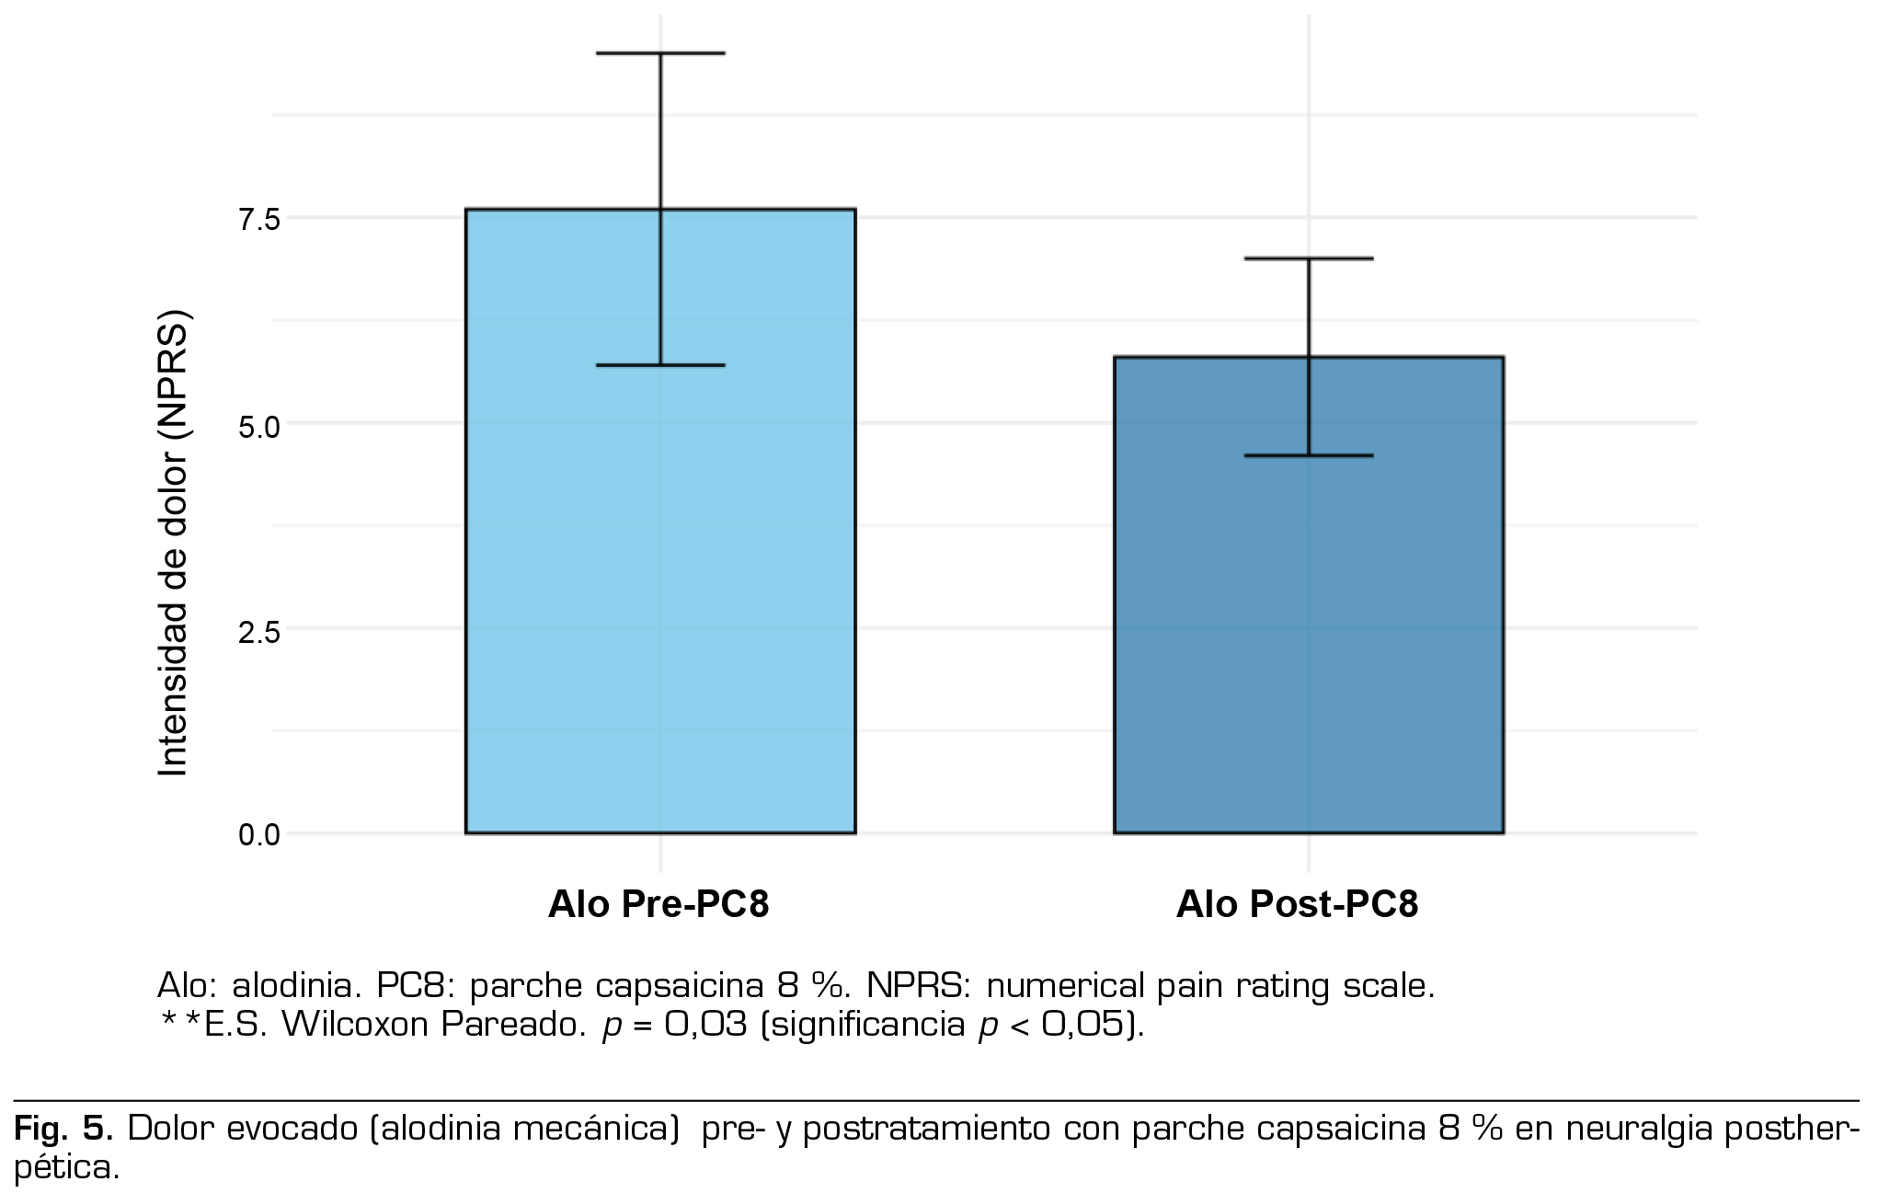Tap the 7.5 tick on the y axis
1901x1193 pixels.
(258, 219)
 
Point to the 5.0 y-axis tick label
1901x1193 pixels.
(258, 425)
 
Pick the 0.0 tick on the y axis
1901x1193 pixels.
(258, 835)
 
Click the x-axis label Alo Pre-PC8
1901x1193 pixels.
(658, 904)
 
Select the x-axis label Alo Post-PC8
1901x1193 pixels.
(1297, 904)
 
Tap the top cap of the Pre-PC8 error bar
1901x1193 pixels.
(660, 53)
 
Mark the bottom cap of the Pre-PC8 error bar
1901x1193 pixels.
(660, 365)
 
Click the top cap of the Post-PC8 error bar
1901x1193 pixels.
(1308, 258)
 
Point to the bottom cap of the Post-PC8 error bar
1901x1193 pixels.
(1308, 455)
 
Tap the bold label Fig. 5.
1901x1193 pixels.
(63, 1128)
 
